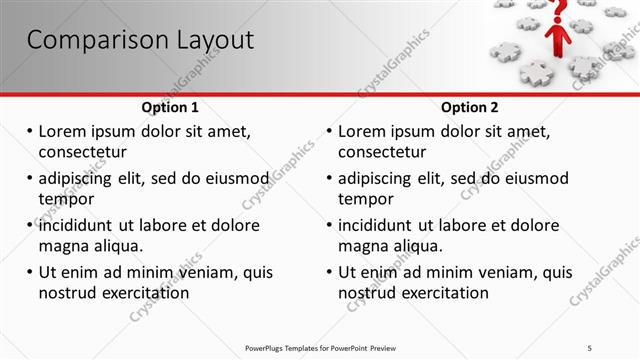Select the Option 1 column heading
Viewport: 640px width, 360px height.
point(170,107)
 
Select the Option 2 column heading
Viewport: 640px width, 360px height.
point(470,107)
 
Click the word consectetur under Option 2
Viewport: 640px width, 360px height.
point(382,152)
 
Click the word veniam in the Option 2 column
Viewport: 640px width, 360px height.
point(509,272)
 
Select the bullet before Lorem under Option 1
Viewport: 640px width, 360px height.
point(29,132)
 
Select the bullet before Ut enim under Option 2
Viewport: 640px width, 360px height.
point(329,272)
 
